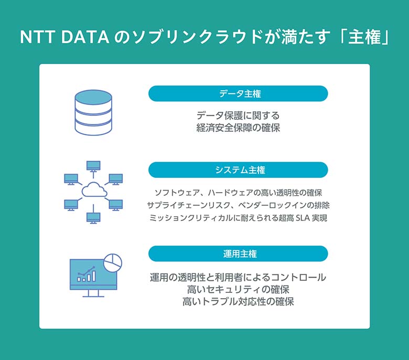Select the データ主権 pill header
tap(238, 94)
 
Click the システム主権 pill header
tap(238, 170)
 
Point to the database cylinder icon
tap(93, 112)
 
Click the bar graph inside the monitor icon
tap(87, 274)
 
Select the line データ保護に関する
tap(238, 115)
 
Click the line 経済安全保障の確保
tap(238, 128)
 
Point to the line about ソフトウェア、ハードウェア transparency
tap(238, 192)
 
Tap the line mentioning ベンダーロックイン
tap(238, 205)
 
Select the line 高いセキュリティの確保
tap(238, 289)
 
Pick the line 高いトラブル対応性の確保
tap(238, 302)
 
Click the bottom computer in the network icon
tap(93, 216)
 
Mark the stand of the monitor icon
tap(93, 293)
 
